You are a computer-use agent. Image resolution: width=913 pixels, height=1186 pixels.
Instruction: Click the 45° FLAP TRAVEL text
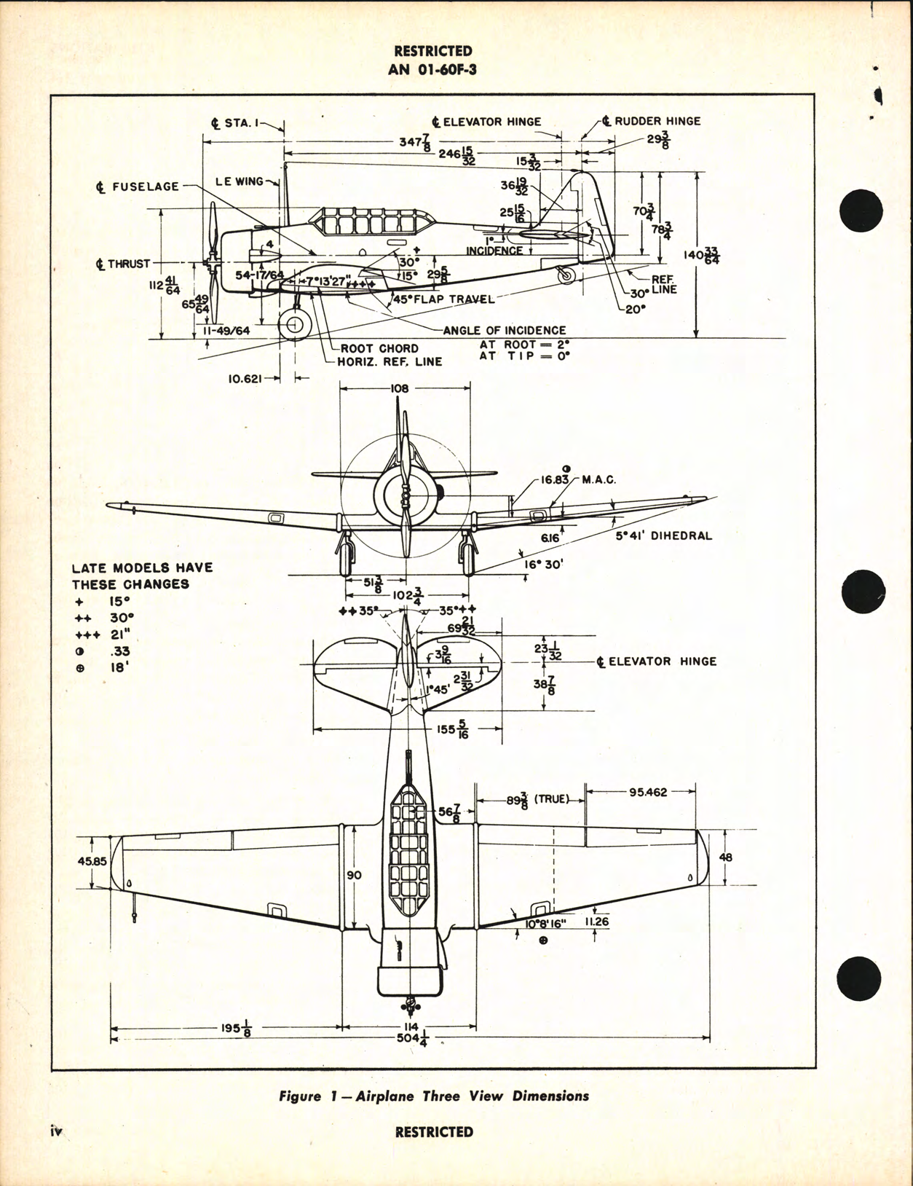443,299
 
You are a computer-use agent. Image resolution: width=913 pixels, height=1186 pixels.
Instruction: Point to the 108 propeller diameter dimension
400,389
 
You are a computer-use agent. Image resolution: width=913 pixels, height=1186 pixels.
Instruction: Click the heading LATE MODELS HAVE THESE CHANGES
142,576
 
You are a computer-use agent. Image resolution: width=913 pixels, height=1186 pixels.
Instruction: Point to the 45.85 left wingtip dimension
92,860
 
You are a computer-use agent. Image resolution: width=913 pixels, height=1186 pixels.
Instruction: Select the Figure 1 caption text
434,1096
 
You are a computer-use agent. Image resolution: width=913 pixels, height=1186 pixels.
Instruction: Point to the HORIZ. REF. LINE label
389,361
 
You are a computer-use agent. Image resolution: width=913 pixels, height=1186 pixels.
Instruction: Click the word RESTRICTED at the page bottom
434,1132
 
